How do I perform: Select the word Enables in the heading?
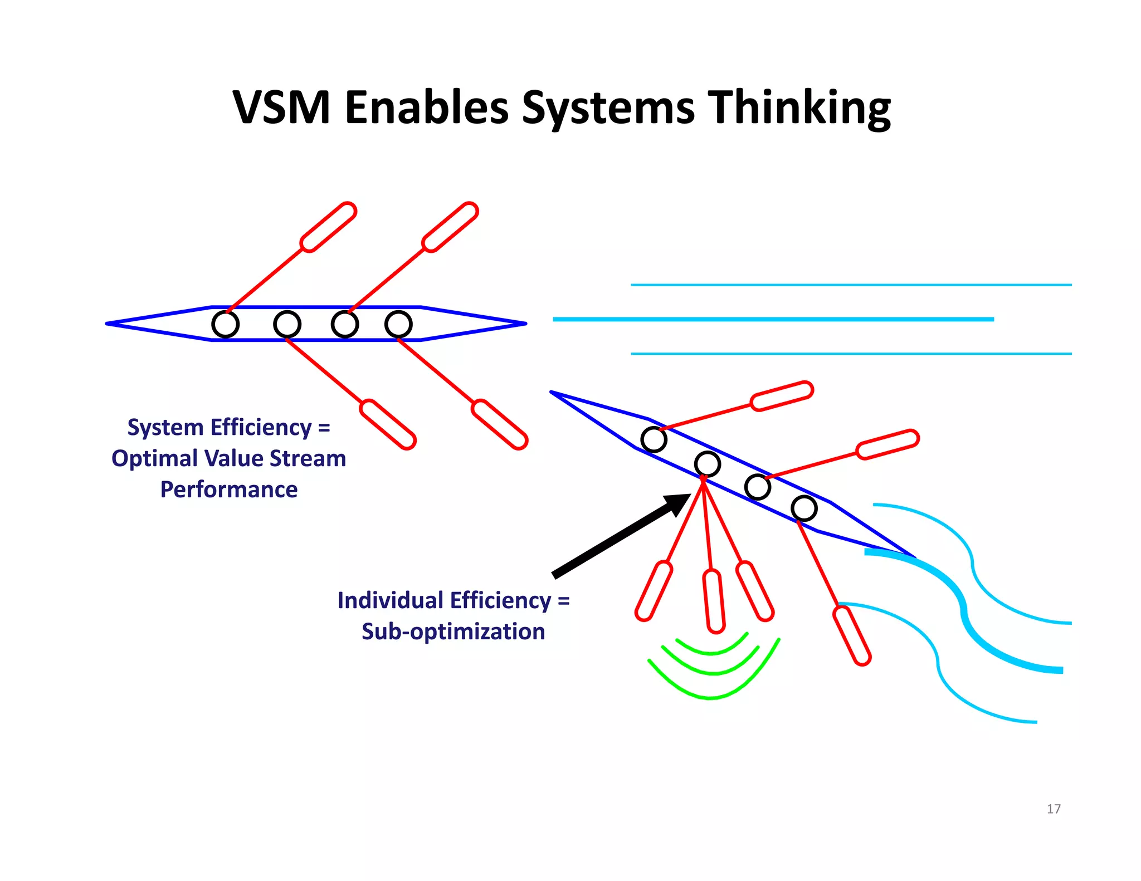coord(426,107)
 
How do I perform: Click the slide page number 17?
coord(1053,809)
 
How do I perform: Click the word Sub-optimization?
coord(453,632)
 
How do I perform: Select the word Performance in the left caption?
coord(229,490)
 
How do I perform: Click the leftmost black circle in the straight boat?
coord(226,324)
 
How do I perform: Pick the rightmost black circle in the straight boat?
coord(398,324)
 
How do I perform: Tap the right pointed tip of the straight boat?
coord(524,324)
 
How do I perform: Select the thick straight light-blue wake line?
coord(773,319)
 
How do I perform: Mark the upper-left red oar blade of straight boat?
coord(328,227)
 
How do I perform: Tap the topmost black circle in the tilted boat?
coord(654,439)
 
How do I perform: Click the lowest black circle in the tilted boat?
coord(804,508)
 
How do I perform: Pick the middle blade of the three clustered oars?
coord(714,601)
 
